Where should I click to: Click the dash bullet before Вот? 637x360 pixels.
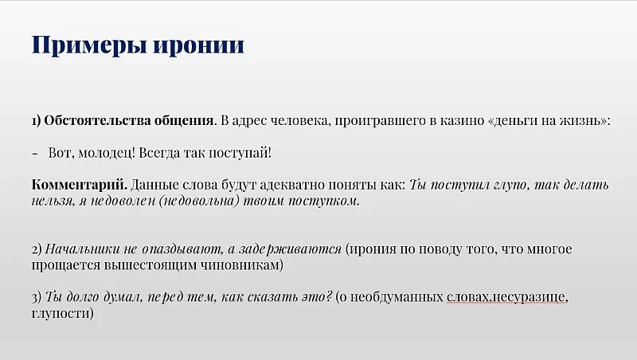pos(36,152)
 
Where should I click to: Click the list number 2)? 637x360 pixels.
pos(37,248)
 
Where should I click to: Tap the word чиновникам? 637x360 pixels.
pos(240,264)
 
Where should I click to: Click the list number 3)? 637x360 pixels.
pos(37,297)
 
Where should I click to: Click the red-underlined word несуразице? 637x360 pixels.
pos(529,297)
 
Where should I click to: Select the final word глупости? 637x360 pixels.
pos(63,313)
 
